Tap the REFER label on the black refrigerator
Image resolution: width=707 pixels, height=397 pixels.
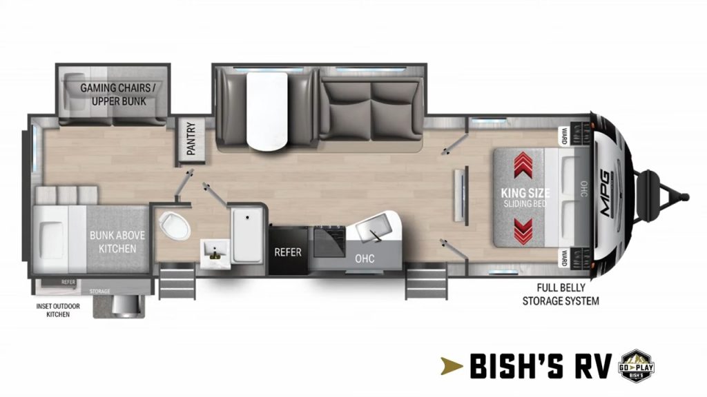(287, 252)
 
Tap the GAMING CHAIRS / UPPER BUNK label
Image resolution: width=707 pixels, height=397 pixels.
(113, 94)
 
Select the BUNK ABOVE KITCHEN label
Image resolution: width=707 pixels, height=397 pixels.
(113, 241)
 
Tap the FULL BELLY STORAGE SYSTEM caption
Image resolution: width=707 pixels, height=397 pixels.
(560, 295)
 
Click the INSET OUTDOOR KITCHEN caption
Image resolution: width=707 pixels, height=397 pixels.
(55, 309)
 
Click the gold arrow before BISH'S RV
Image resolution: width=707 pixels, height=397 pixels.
(453, 365)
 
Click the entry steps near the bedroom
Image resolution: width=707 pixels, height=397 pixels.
(420, 283)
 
